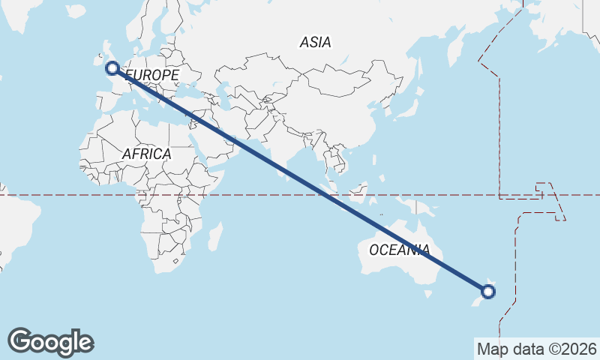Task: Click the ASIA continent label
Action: (315, 43)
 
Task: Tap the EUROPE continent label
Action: (152, 76)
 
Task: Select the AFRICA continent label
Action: (146, 154)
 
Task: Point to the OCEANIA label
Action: (400, 250)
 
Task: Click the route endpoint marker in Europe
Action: (112, 68)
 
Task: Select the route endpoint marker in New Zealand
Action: (488, 292)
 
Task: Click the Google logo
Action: (50, 342)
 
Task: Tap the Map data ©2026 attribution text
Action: (537, 349)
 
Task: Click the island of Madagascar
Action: (214, 236)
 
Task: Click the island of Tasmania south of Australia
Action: (430, 294)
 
